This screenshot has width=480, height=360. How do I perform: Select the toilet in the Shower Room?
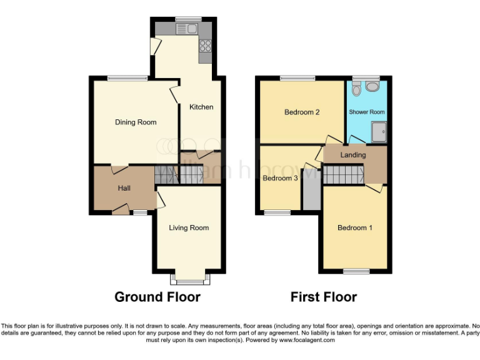coord(356,91)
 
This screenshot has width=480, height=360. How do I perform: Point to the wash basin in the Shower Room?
coord(372,86)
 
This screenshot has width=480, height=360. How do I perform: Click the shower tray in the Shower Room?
coord(378,131)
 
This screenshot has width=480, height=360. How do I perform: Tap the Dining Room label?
coord(136,122)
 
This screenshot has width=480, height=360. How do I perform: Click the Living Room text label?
coord(189,228)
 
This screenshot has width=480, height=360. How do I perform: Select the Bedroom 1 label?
coord(355,228)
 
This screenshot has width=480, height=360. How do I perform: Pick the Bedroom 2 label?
coord(302,112)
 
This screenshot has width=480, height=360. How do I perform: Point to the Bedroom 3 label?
coord(279,178)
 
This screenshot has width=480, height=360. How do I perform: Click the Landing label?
coord(353,155)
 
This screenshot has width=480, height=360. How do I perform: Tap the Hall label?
coord(124,187)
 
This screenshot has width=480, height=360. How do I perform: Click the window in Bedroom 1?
coord(357,271)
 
